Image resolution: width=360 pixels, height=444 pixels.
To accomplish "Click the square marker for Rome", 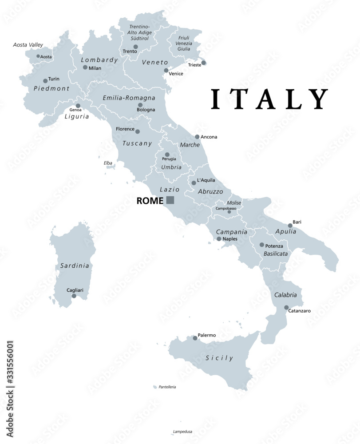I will (170, 200).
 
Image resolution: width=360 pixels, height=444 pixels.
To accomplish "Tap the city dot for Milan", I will (85, 67).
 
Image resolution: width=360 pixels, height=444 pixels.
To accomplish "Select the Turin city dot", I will (45, 81).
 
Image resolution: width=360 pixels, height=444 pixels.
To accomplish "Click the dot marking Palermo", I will (195, 338).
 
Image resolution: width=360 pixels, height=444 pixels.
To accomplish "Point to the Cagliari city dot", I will (74, 296).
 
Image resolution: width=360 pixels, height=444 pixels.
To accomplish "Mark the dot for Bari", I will (290, 226).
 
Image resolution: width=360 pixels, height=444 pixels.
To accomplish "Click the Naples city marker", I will (219, 239).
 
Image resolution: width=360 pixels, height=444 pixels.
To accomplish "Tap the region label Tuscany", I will (137, 143).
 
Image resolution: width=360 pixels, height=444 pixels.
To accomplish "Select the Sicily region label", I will (219, 358).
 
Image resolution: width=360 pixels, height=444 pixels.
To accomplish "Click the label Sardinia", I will (75, 266).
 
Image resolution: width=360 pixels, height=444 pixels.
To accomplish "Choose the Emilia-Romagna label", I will (129, 97).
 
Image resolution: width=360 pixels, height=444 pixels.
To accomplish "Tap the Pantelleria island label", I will (167, 387).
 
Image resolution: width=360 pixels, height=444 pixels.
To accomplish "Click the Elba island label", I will (108, 163).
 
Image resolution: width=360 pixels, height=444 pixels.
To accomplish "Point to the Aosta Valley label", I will (27, 45).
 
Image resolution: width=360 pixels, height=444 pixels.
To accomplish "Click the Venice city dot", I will (166, 70).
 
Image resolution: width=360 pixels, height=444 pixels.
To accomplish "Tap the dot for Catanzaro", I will (286, 307).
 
